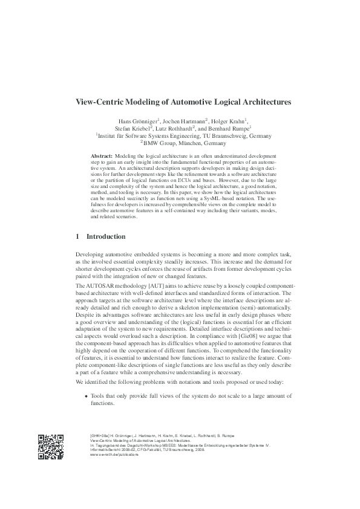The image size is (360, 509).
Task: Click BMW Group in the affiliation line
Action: pos(159,144)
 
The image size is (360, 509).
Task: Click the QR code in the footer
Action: pos(51,447)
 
